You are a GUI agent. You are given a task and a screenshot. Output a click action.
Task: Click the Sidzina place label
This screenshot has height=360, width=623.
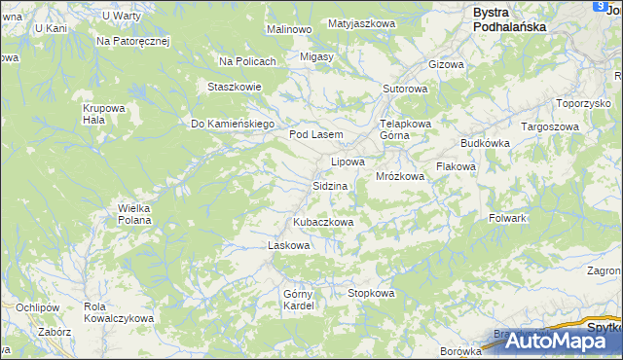tap(330, 185)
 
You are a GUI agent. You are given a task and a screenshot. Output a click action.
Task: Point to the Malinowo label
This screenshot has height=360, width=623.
tap(288, 29)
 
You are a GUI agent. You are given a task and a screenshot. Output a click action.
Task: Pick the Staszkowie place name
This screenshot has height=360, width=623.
tap(235, 87)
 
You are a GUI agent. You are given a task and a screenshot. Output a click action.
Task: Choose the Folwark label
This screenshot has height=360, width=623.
tap(507, 218)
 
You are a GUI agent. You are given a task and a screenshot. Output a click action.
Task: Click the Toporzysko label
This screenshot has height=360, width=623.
tap(582, 102)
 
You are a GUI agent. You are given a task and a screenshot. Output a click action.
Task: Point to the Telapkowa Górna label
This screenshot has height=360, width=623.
tap(405, 129)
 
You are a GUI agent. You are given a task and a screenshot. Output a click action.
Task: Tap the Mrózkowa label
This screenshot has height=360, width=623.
tap(400, 177)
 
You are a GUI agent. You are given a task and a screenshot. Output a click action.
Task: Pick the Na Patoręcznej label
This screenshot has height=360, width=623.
tap(133, 42)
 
